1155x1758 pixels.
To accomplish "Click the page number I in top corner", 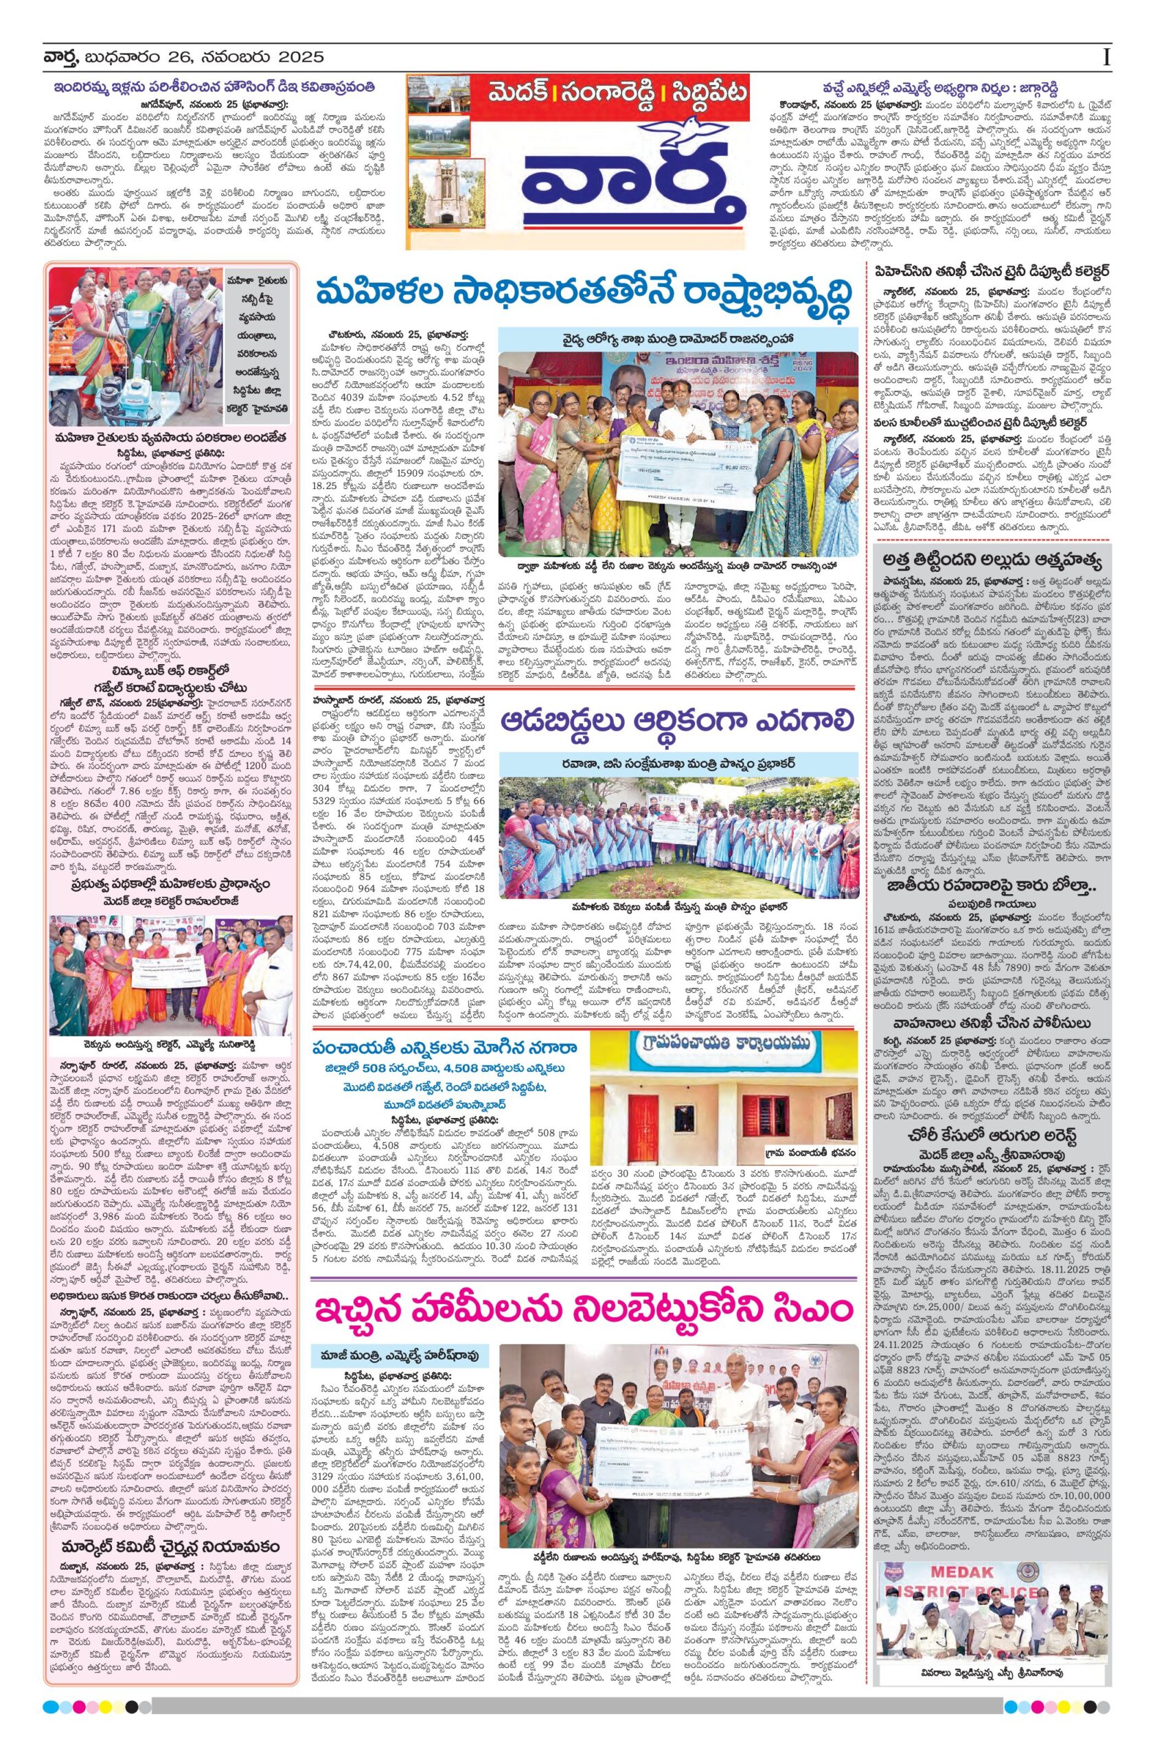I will [x=1106, y=57].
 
